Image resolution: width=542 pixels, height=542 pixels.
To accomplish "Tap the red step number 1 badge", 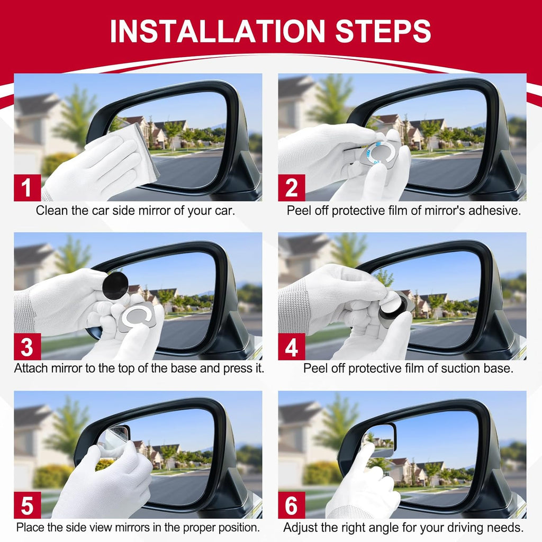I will point(27,188).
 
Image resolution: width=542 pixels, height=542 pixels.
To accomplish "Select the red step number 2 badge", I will point(292,188).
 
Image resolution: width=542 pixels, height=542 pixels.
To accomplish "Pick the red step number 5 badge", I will point(27,505).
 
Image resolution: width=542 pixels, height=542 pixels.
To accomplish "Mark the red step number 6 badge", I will point(292,505).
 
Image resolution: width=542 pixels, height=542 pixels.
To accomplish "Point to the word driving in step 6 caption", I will point(465,527).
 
